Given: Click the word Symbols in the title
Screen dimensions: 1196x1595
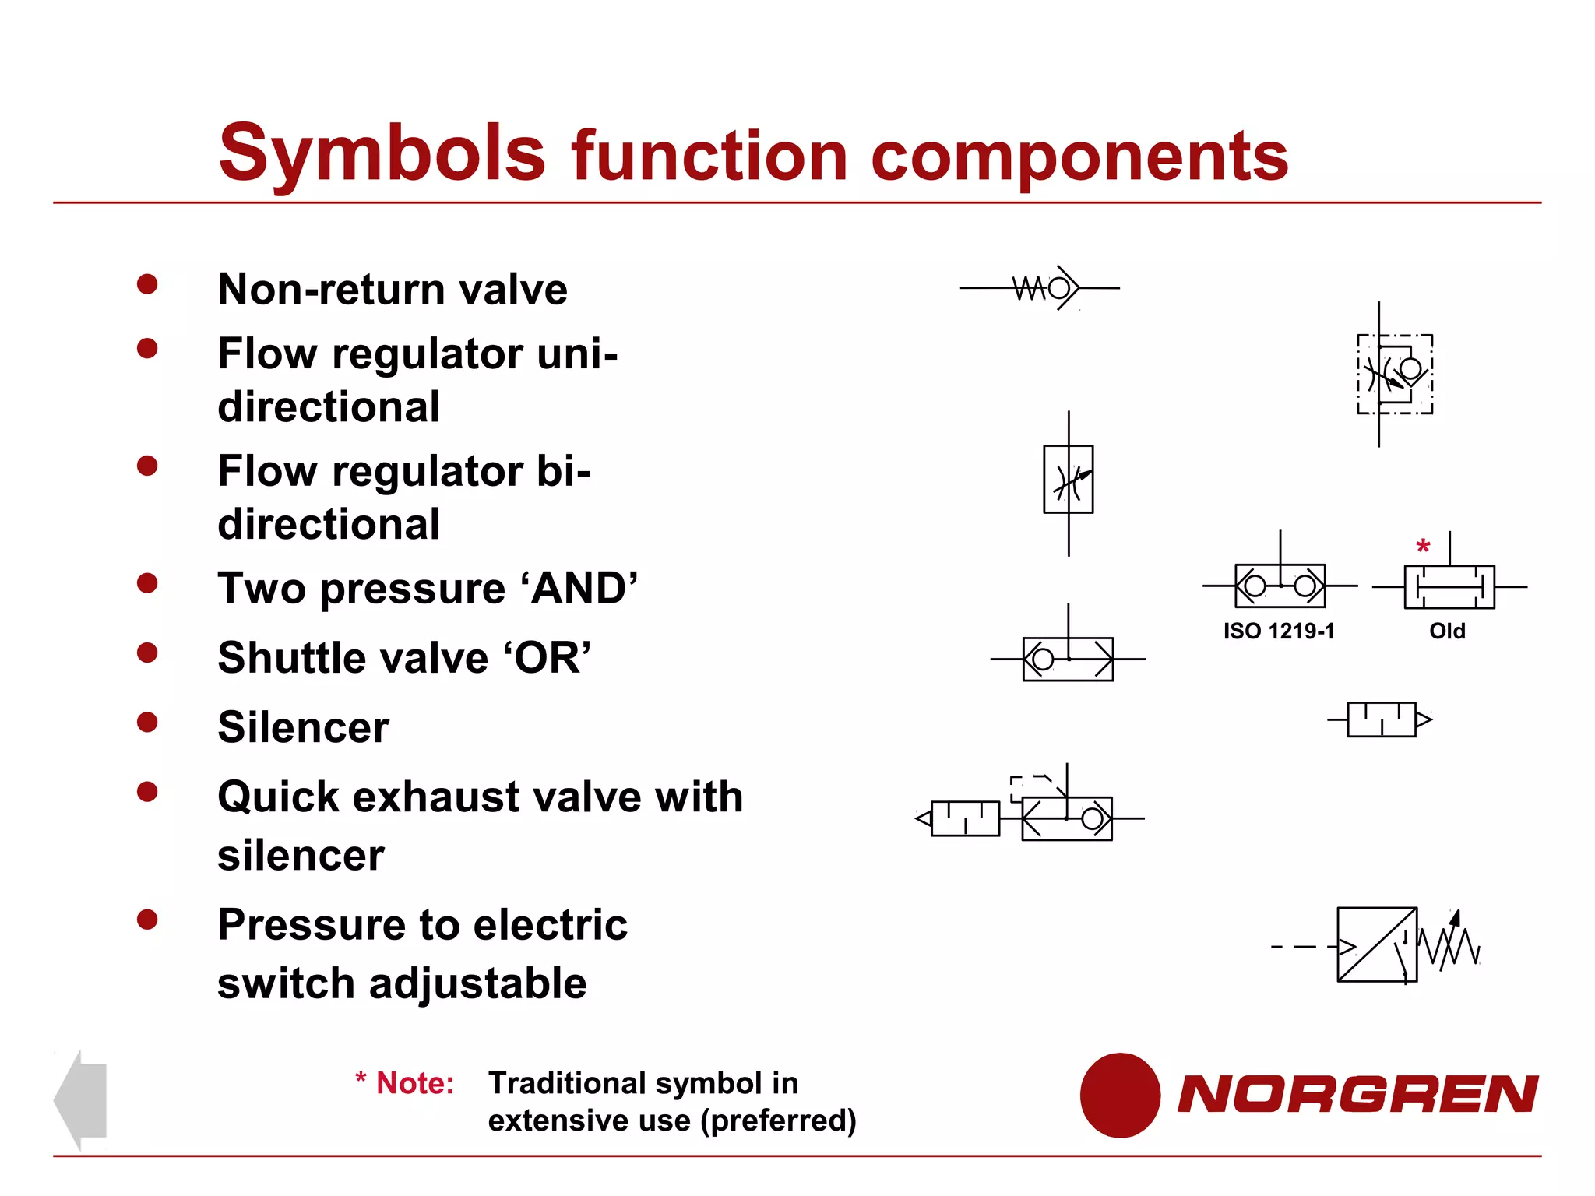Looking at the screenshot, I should tap(382, 153).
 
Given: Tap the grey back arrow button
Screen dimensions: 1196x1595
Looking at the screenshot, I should tap(80, 1099).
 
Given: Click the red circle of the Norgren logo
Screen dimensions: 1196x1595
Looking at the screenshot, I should tap(1120, 1095).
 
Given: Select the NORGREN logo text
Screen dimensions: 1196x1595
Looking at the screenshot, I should tap(1357, 1094).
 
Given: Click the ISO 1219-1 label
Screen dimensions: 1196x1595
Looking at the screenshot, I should tap(1279, 631).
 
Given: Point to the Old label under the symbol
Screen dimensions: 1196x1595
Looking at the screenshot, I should tap(1447, 631).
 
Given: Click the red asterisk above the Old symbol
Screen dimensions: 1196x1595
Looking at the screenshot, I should tap(1423, 547).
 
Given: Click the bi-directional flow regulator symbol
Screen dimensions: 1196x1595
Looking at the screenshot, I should tap(1069, 480).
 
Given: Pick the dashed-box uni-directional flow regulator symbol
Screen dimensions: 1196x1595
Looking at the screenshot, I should tap(1394, 374).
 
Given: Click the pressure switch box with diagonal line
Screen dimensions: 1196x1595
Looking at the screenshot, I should tap(1376, 944).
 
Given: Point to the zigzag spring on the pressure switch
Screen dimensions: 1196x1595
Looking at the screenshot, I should tap(1450, 945).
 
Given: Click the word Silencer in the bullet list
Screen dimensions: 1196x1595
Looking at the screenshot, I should tap(303, 727).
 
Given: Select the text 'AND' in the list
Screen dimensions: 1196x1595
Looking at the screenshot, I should tap(584, 588).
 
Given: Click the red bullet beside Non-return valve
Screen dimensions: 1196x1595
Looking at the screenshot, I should tap(147, 284).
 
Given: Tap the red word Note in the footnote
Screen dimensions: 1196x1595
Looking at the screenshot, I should tap(414, 1083).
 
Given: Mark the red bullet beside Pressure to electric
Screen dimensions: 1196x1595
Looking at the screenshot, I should tap(147, 920).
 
